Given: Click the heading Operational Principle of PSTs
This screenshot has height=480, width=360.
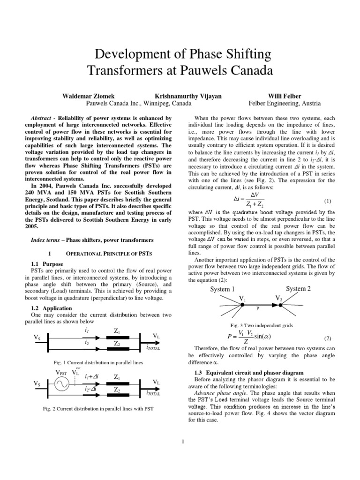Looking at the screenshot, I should click(x=108, y=253).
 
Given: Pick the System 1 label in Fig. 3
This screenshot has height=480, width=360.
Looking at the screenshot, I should click(x=222, y=289).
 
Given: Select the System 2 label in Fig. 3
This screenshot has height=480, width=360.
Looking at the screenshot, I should click(x=298, y=289).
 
